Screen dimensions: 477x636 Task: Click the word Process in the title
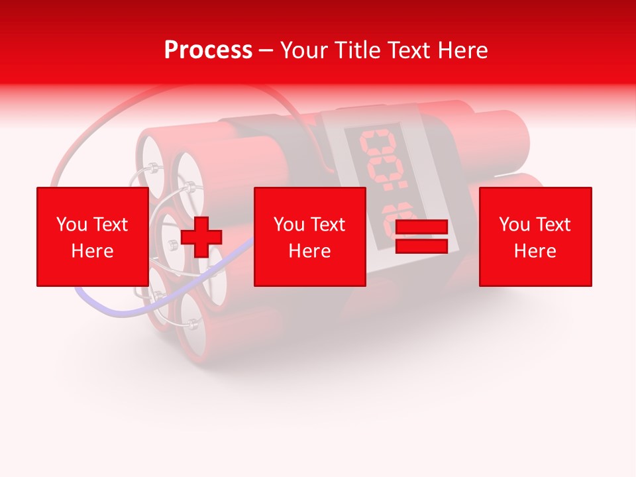tap(208, 50)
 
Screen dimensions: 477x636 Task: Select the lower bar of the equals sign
tap(421, 246)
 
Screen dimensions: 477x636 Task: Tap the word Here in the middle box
tap(309, 251)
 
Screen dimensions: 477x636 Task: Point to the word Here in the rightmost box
tap(535, 251)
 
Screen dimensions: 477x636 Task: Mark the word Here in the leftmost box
tap(92, 251)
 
